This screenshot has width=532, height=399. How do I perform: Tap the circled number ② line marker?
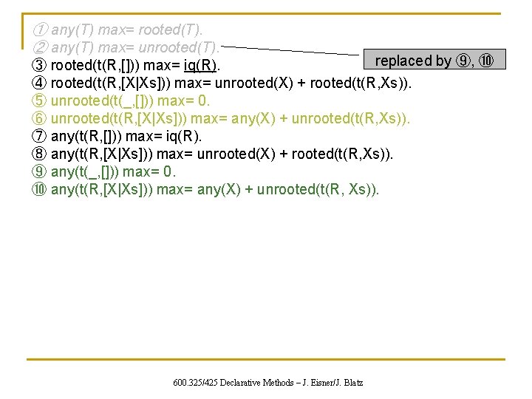tap(40, 49)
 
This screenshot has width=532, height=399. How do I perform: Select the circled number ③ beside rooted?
tap(40, 66)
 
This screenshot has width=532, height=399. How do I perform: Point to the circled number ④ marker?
tap(40, 83)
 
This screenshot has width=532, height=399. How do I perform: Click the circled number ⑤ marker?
tap(40, 101)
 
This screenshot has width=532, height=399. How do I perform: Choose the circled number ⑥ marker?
tap(40, 119)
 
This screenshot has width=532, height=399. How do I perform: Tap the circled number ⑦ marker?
tap(40, 137)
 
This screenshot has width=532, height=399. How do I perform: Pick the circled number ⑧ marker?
tap(40, 154)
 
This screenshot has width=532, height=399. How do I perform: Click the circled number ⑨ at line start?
tap(40, 172)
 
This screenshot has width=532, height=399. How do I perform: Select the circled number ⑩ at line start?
tap(40, 190)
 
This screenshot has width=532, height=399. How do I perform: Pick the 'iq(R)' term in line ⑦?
tap(183, 137)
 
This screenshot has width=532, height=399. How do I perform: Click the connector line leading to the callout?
tap(296, 50)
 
